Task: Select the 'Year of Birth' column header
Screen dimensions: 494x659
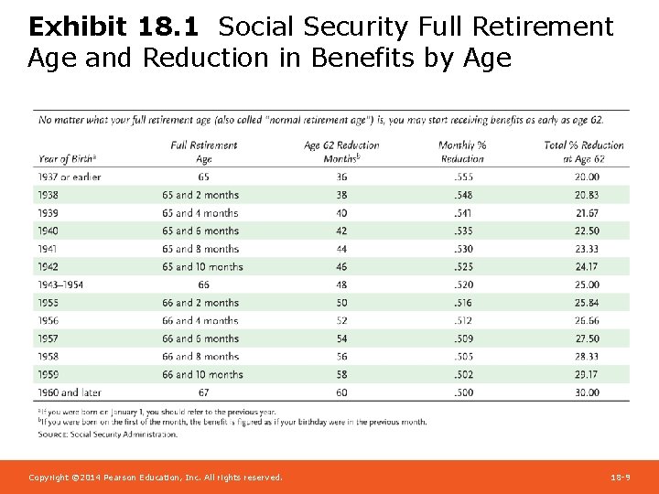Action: tap(68, 158)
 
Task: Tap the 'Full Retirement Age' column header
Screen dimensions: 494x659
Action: tap(204, 152)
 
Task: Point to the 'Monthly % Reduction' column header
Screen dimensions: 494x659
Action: tap(462, 152)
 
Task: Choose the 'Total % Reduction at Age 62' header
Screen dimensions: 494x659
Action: tap(583, 152)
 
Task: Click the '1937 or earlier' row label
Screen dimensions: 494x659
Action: tap(70, 177)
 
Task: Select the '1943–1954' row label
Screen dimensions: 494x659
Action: tap(61, 285)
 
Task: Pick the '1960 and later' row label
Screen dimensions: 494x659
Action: tap(70, 392)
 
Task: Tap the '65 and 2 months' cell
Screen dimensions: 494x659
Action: tap(200, 195)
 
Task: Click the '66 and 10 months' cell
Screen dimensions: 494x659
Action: tap(203, 374)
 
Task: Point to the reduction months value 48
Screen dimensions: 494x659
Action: tap(341, 285)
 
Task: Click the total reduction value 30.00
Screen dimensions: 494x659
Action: tap(586, 392)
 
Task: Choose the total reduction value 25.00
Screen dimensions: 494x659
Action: tap(586, 285)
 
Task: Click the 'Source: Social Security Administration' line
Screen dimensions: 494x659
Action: tap(107, 435)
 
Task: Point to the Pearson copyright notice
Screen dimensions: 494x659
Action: tap(156, 478)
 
